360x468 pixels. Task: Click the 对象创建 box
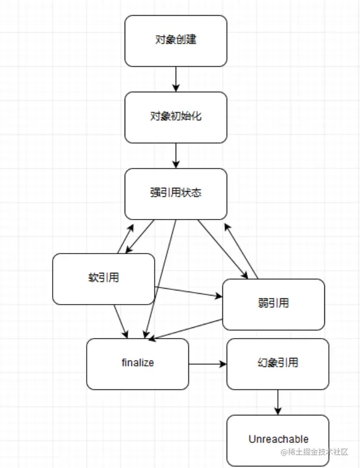point(176,41)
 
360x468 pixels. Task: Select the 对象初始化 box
point(176,117)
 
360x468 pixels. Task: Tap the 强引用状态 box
point(176,194)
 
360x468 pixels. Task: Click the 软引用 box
point(104,279)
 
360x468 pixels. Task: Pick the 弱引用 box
point(273,305)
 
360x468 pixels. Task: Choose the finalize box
point(138,364)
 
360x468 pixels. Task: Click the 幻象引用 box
point(278,364)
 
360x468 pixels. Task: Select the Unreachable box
point(278,441)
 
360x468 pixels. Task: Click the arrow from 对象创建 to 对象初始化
point(176,79)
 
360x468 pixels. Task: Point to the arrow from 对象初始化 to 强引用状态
point(176,156)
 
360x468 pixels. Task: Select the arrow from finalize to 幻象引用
point(207,364)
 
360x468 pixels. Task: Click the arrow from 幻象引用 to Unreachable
point(278,402)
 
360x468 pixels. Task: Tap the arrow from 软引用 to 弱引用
point(188,292)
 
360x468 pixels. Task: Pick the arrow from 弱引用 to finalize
point(185,330)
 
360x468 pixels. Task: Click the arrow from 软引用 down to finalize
point(121,322)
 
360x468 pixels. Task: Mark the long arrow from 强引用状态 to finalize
point(160,279)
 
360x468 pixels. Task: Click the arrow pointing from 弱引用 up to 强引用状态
point(241,251)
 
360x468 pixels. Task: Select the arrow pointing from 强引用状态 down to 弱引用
point(223,249)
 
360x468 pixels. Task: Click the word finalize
point(138,362)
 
